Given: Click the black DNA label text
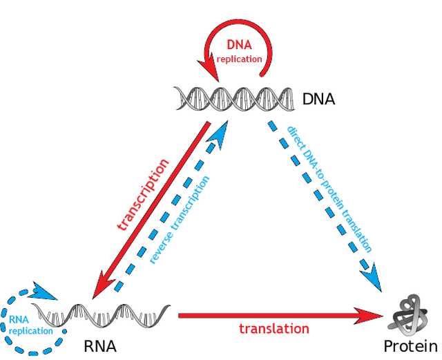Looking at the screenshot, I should [x=318, y=99].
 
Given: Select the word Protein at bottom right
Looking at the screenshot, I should [x=411, y=345].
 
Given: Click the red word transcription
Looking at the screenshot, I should [x=143, y=196].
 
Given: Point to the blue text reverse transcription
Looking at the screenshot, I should [x=180, y=220].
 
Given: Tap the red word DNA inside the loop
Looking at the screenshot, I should [x=240, y=45].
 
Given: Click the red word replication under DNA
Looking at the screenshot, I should [x=239, y=59].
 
